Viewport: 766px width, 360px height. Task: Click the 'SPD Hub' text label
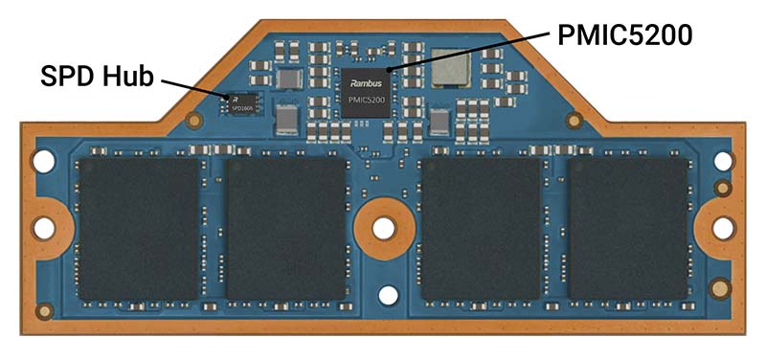(96, 76)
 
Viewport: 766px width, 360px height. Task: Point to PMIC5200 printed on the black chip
(368, 100)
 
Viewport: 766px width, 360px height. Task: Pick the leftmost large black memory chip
(139, 228)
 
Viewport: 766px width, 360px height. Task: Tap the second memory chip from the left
(286, 228)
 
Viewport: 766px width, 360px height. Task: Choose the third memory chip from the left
(481, 228)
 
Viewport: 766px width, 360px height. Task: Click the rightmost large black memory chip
(628, 228)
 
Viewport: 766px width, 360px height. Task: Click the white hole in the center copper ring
(383, 227)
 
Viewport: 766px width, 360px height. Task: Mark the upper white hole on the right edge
(724, 163)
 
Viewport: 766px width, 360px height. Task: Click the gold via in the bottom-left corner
(43, 311)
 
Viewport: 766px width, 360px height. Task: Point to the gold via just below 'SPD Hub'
(194, 122)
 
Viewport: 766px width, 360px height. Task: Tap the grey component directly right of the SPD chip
(286, 119)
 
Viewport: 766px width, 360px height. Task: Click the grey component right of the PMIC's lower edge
(439, 122)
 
